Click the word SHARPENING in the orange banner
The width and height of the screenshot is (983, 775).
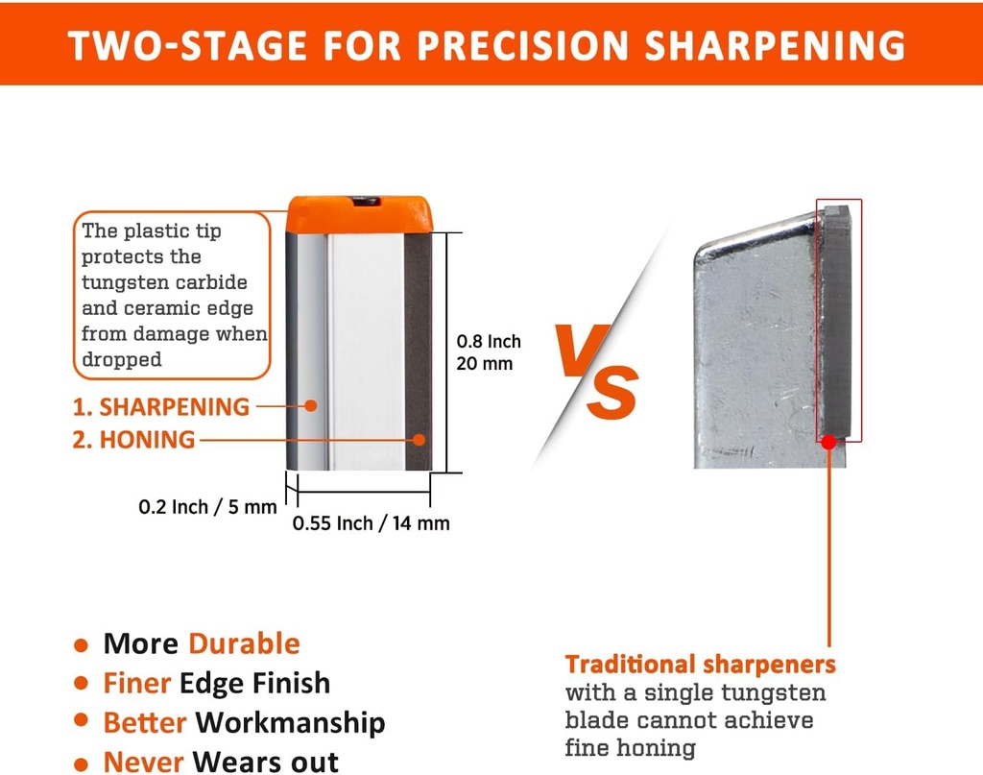pos(775,45)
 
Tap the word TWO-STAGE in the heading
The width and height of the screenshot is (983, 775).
pos(187,45)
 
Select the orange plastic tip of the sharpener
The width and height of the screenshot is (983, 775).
pos(359,214)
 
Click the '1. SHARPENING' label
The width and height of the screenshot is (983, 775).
pos(161,407)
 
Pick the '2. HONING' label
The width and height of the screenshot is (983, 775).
pos(133,440)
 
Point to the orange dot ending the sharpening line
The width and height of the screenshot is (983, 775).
pos(310,405)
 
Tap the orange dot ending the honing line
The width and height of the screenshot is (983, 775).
pos(420,440)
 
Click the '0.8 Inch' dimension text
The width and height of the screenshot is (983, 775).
pos(489,342)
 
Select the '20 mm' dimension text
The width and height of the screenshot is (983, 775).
pos(484,364)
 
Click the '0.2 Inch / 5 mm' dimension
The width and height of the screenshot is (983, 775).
pos(207,507)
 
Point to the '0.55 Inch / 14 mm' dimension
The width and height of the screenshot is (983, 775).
pos(372,523)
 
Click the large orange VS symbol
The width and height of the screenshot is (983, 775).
pos(597,372)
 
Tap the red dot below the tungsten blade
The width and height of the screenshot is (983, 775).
pos(828,442)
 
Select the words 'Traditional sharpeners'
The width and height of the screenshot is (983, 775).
pos(700,664)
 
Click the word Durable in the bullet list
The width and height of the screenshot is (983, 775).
pos(244,644)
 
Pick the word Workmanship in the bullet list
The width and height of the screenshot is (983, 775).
pos(290,723)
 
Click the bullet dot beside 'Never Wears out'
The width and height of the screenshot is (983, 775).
pos(81,764)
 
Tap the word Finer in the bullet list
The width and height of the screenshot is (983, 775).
pos(136,683)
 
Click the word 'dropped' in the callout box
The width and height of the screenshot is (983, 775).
pos(122,360)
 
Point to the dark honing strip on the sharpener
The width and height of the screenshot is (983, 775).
pos(419,351)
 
